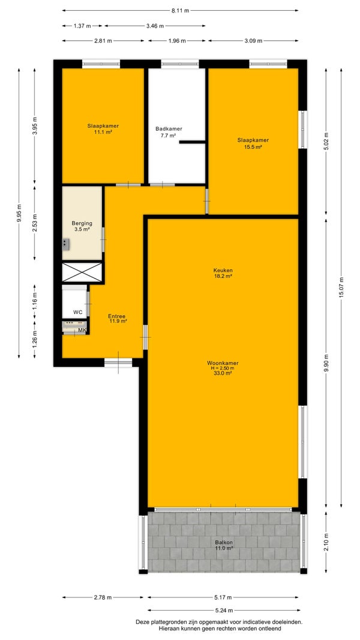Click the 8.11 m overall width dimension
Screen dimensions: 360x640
179,11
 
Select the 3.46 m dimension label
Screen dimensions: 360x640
155,26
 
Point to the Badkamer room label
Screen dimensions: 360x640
169,128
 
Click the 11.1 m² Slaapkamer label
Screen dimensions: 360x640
103,129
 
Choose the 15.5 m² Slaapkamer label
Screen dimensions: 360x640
253,143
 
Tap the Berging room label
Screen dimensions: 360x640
82,223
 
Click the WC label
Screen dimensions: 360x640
78,312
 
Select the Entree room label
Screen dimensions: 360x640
116,316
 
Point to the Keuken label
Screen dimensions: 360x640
223,270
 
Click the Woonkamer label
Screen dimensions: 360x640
223,363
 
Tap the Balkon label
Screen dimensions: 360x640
224,543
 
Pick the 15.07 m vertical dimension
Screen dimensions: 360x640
341,288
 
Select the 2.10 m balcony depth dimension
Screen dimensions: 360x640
326,542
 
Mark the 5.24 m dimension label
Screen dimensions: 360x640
224,610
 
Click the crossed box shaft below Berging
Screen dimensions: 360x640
82,272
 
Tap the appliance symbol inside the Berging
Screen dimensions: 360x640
65,244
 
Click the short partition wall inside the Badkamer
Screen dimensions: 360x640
192,142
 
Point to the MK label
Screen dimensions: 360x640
82,330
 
